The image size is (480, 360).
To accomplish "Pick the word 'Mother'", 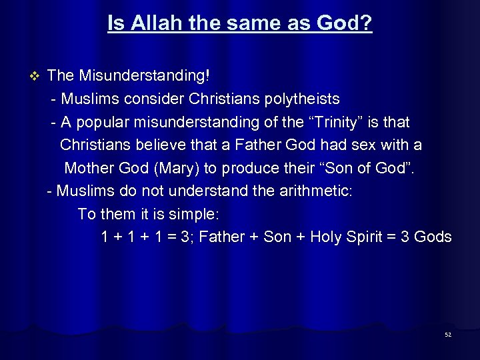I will click(x=91, y=168).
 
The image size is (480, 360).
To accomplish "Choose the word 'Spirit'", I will click(x=365, y=237).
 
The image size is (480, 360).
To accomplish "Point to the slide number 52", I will click(x=448, y=335).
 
